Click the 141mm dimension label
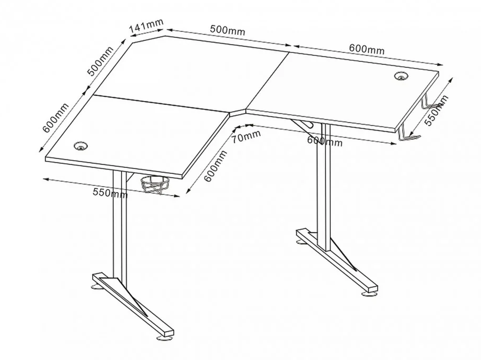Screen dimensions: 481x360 click(x=146, y=26)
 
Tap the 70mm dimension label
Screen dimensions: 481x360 click(x=246, y=136)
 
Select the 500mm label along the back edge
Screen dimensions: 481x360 click(x=227, y=29)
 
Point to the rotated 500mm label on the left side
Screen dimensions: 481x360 click(x=100, y=61)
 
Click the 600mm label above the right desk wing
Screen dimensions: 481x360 click(x=367, y=49)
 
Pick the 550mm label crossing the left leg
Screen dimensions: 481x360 click(x=110, y=193)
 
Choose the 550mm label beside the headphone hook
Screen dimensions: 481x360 click(x=437, y=111)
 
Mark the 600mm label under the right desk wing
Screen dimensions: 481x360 click(x=325, y=141)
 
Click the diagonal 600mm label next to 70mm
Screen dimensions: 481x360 click(x=215, y=166)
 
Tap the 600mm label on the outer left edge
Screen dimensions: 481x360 click(x=55, y=117)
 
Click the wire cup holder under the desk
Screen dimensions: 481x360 click(x=155, y=184)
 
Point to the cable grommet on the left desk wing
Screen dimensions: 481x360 click(x=81, y=145)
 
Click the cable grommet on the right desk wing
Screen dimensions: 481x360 click(x=401, y=75)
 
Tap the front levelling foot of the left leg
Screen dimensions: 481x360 click(x=164, y=338)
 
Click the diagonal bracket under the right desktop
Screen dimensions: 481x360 click(x=302, y=126)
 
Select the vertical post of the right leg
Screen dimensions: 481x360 click(x=324, y=187)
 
